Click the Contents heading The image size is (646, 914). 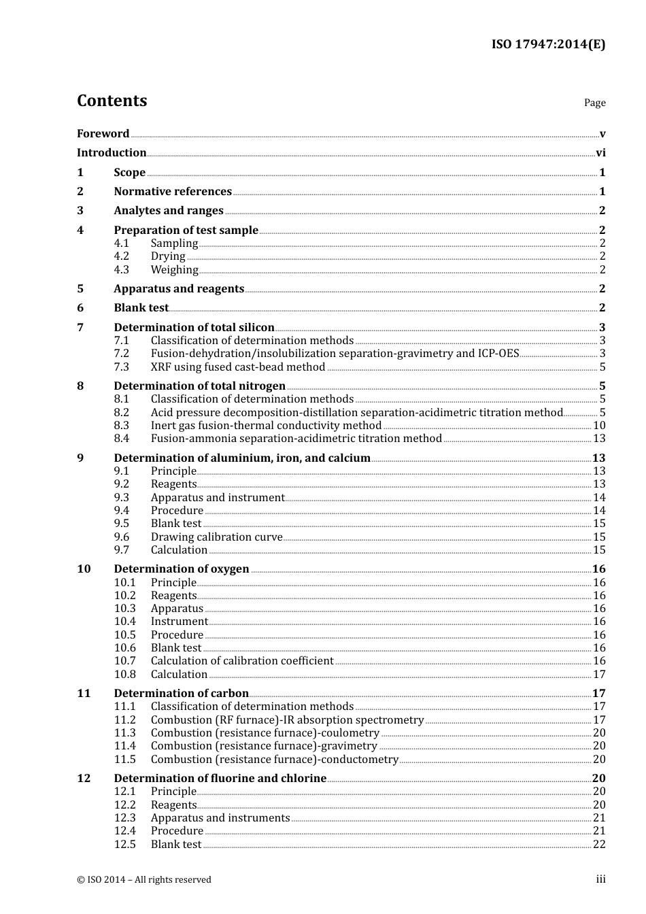[x=112, y=101]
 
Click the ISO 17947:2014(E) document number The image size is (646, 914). [x=548, y=45]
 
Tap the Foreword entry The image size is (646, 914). [x=103, y=134]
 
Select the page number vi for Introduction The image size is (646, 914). [x=600, y=153]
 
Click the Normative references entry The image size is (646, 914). [x=173, y=192]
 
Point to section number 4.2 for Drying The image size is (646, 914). [x=122, y=256]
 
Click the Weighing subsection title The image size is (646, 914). [x=174, y=270]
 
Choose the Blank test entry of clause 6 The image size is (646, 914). [x=141, y=308]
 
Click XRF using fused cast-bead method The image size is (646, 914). [x=238, y=367]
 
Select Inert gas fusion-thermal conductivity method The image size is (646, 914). [x=266, y=426]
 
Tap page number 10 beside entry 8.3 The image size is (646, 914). [x=599, y=426]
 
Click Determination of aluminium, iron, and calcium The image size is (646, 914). [x=242, y=458]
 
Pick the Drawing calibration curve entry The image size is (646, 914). [x=216, y=537]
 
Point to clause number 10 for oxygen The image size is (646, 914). [x=84, y=569]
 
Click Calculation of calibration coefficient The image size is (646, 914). [x=242, y=661]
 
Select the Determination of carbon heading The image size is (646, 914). [x=181, y=694]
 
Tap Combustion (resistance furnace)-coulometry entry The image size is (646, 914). [x=265, y=733]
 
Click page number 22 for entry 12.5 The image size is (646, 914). [x=599, y=845]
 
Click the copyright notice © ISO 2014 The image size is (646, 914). [x=144, y=880]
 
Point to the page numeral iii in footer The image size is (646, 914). [x=600, y=879]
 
